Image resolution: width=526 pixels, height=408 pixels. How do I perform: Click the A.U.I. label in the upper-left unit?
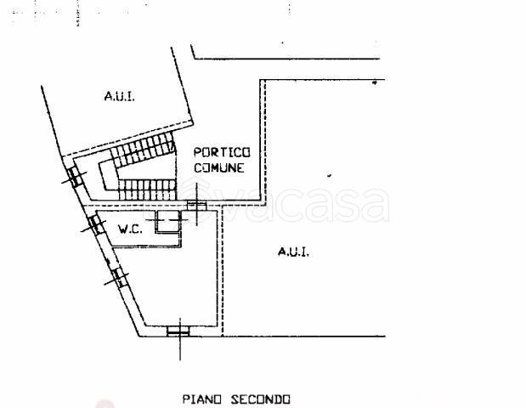tap(120, 96)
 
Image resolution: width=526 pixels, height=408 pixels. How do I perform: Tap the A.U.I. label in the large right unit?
tap(293, 252)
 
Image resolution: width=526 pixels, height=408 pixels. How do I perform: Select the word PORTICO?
tap(222, 153)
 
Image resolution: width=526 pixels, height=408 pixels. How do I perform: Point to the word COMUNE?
tap(218, 167)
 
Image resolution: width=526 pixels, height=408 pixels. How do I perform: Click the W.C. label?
tap(131, 229)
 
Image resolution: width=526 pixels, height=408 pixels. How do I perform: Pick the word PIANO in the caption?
tap(201, 399)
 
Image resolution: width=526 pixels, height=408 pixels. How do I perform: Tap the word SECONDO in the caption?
tap(260, 399)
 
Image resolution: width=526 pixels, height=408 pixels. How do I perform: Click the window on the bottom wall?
tap(178, 331)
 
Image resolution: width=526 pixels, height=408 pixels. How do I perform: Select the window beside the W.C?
tap(95, 224)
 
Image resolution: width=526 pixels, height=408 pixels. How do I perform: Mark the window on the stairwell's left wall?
tap(75, 176)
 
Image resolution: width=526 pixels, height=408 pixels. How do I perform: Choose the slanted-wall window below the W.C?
tap(117, 277)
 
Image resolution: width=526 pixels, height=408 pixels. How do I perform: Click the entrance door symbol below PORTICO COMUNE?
tap(196, 205)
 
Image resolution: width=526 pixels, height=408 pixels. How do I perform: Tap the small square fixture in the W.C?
tap(167, 222)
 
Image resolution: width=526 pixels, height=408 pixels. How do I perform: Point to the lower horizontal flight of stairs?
tap(147, 190)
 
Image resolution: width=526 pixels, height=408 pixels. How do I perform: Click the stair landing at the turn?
tap(108, 176)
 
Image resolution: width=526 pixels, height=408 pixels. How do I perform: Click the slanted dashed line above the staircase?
tap(128, 140)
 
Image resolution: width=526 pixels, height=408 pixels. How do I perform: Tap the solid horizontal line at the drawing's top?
tap(287, 59)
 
